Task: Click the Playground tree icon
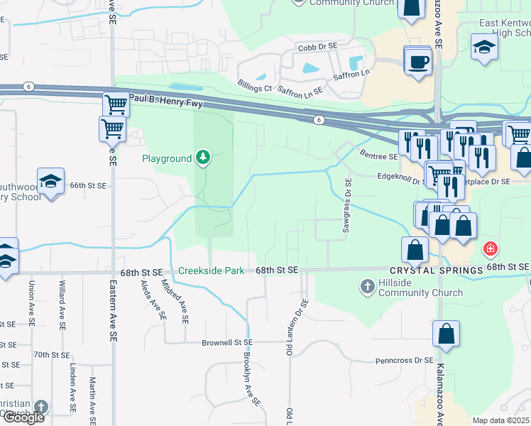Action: click(204, 158)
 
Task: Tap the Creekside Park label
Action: click(211, 271)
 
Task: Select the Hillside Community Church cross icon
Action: click(367, 287)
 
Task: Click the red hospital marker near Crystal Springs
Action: click(490, 249)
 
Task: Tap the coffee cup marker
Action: click(418, 62)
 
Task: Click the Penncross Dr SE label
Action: click(404, 361)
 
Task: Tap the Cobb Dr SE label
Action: click(317, 47)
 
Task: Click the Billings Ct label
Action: click(255, 87)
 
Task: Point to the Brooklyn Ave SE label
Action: click(250, 380)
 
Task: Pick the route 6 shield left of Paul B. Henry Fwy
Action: click(28, 86)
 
